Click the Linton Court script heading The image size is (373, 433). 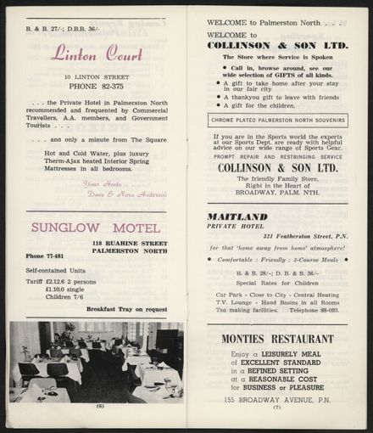[95, 55]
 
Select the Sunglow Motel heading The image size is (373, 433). [96, 228]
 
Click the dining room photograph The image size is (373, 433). [95, 361]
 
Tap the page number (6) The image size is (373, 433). [100, 406]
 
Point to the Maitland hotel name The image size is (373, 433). [237, 216]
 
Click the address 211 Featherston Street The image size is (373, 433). [298, 236]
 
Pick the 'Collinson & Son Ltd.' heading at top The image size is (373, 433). [277, 45]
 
